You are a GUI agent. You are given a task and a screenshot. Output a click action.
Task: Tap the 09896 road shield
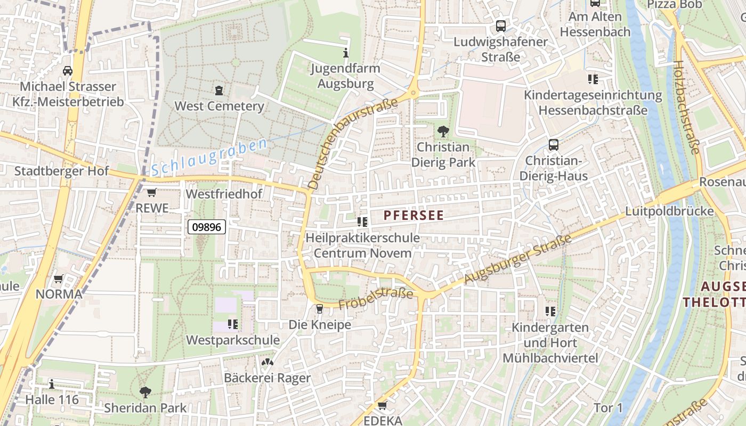tap(207, 227)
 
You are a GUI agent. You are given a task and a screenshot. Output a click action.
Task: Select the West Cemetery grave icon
tap(219, 91)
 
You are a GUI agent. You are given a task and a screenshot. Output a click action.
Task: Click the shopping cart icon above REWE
tap(152, 193)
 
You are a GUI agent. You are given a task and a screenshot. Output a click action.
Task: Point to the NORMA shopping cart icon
tap(59, 278)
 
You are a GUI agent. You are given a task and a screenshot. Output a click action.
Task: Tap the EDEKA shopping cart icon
tap(382, 406)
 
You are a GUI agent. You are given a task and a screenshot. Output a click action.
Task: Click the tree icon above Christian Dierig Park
tap(443, 131)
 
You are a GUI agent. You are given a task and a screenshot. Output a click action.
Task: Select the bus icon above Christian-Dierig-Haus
tap(554, 144)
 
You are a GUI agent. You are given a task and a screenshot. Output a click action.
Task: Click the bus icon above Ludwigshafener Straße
tap(500, 26)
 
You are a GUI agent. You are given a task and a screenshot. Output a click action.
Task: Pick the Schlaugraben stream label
tap(209, 157)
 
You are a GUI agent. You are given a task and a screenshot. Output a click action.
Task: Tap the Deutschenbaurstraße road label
tap(353, 144)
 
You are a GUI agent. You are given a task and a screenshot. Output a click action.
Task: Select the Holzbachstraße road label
tap(686, 107)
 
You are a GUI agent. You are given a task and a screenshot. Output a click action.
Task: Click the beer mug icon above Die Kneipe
tap(320, 309)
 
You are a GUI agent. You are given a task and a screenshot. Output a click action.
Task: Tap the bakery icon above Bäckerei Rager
tap(267, 363)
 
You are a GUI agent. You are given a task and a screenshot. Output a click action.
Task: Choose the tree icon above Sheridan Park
tap(145, 392)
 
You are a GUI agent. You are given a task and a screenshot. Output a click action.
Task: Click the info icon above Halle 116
tap(52, 384)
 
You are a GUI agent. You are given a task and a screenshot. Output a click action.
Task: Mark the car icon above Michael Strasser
tap(68, 71)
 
